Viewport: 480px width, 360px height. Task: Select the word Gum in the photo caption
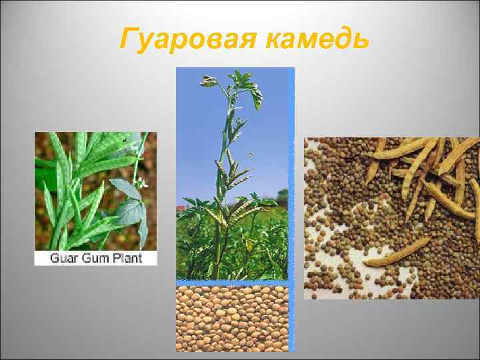(97, 257)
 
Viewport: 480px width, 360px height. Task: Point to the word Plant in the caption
(128, 257)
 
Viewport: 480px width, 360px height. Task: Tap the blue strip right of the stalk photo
(291, 173)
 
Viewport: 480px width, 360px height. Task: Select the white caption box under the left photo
(95, 257)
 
